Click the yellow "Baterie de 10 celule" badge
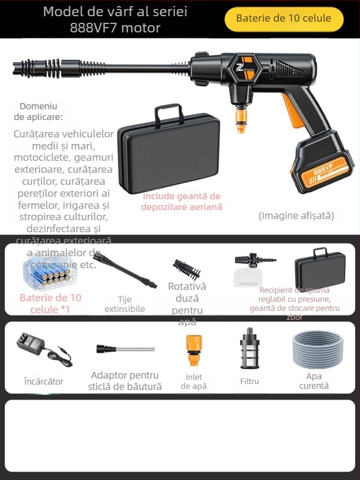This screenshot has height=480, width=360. [283, 19]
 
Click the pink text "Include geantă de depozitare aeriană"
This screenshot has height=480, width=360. [181, 201]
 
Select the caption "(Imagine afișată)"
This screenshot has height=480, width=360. [296, 215]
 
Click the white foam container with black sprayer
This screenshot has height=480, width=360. [252, 269]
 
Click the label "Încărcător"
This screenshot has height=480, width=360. [43, 381]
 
